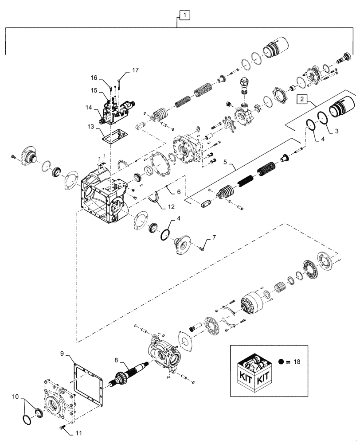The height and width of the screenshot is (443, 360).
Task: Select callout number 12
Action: [x=172, y=206]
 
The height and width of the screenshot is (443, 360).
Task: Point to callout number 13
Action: [x=91, y=127]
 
